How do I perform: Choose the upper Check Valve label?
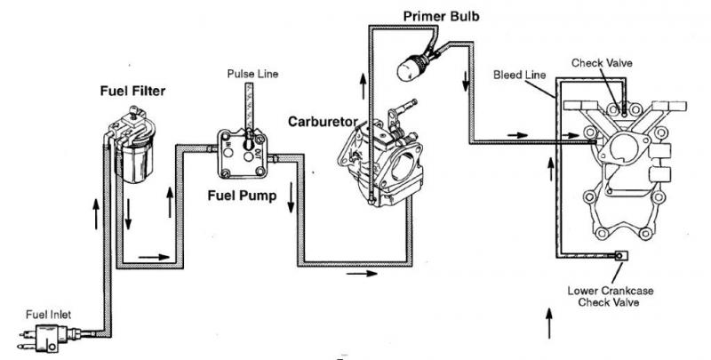coord(605,63)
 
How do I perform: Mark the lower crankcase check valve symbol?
coord(619,259)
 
